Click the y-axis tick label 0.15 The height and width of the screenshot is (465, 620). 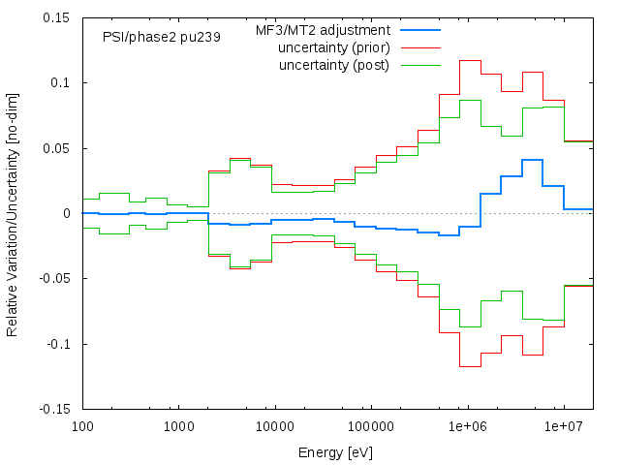coord(55,17)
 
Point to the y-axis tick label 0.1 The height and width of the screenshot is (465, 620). coord(59,83)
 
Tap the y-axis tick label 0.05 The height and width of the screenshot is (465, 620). coord(55,148)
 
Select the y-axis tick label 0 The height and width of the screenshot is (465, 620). coord(66,213)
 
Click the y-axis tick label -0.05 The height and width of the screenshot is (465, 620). coord(53,279)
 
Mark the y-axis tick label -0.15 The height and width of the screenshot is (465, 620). coord(53,410)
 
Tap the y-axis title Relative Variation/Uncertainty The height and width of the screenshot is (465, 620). coord(13,213)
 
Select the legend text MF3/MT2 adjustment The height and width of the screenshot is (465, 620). coord(323,31)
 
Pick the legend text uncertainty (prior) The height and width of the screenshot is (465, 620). coord(333,48)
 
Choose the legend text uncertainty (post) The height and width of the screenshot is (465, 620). coord(334,65)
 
